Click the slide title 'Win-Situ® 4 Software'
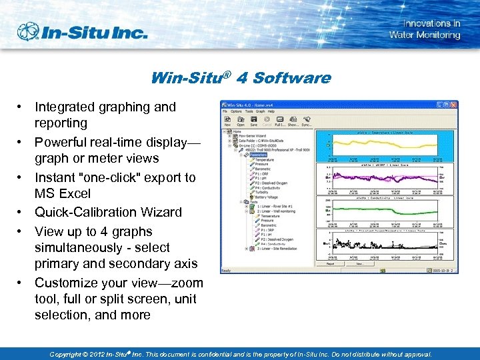(x=241, y=78)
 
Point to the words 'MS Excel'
(x=62, y=193)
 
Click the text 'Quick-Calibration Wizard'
(x=108, y=212)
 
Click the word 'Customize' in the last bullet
(x=65, y=283)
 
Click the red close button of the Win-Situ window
(x=454, y=105)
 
